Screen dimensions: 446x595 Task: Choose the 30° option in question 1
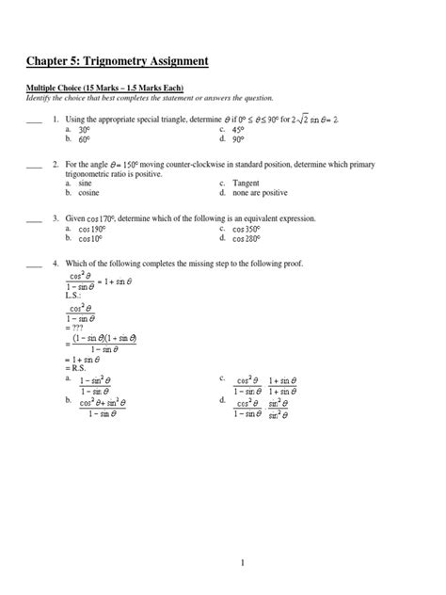click(x=84, y=130)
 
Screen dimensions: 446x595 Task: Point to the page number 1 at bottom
click(x=242, y=562)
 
